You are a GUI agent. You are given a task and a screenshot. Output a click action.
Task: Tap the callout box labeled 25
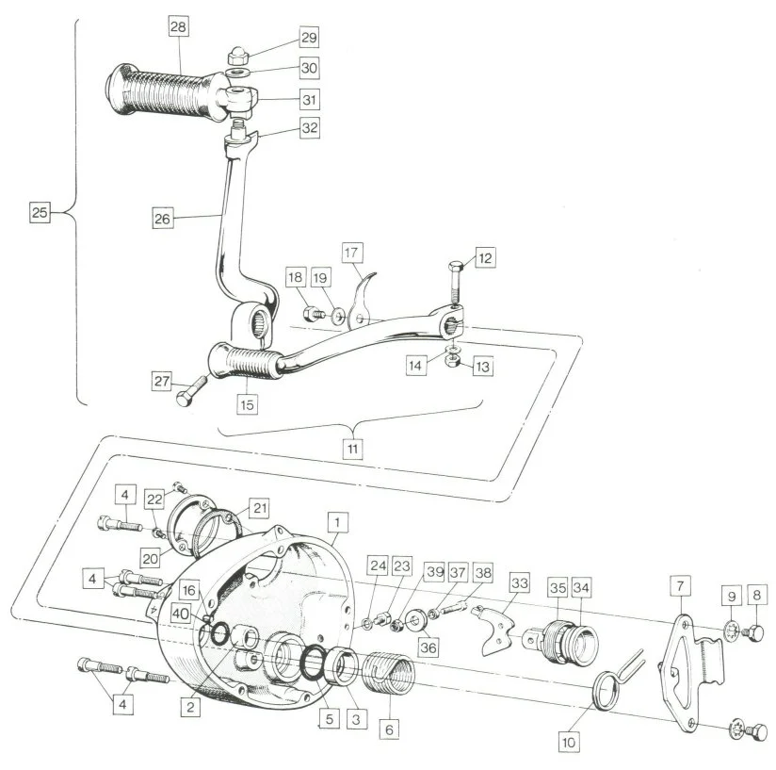[x=39, y=213]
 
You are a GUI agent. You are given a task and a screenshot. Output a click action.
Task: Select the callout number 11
[x=352, y=449]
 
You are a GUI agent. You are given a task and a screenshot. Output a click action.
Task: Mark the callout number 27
[x=162, y=381]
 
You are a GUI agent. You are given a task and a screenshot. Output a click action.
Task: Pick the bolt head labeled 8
[x=756, y=632]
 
